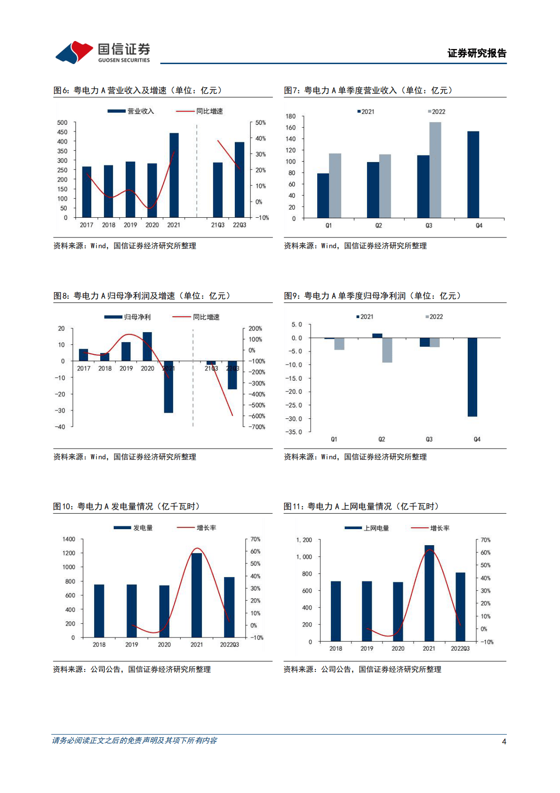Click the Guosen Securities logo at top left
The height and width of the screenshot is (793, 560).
tap(103, 52)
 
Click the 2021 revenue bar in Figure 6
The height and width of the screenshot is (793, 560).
tap(174, 175)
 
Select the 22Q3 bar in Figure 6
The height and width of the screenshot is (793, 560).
tap(240, 180)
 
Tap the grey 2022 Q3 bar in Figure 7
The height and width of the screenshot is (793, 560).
tap(435, 170)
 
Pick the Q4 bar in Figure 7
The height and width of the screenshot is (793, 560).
tap(473, 174)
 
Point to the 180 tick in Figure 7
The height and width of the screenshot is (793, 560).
tap(291, 116)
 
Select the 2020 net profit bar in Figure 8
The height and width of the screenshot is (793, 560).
tap(147, 346)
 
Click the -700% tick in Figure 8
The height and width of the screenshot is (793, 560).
tap(257, 427)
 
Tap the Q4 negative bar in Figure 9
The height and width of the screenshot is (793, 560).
tap(472, 377)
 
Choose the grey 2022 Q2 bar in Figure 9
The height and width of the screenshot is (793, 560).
tap(387, 350)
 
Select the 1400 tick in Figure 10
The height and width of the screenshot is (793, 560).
tap(69, 539)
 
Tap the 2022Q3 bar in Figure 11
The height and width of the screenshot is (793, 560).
tap(460, 607)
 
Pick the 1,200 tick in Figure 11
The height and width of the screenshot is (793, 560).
tap(304, 540)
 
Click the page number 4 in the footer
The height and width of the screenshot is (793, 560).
tap(504, 741)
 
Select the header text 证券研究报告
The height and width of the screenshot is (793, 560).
tap(477, 53)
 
